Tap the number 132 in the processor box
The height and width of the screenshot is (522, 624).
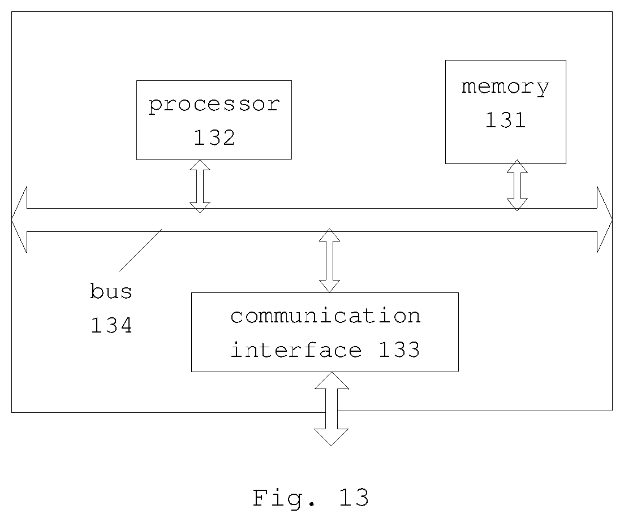pos(214,137)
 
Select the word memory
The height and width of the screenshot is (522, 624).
pos(505,88)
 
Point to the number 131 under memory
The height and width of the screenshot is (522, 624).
pos(505,120)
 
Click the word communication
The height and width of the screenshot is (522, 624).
pos(325,316)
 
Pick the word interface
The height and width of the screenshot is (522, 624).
pos(296,350)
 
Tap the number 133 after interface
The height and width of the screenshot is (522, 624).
pos(399,350)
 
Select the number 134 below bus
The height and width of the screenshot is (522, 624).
pos(111,325)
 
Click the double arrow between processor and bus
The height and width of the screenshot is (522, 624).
pos(200,186)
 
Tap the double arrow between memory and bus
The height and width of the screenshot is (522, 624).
pos(517,185)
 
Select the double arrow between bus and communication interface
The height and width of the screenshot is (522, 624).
pos(329,261)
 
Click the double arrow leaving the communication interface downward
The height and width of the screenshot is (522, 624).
pos(332,409)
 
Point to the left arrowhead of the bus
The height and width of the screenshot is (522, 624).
pos(19,219)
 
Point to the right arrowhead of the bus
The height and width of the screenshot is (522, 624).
pos(605,219)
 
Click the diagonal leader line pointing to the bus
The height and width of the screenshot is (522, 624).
pos(140,250)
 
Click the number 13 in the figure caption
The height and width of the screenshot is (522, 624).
pos(354,497)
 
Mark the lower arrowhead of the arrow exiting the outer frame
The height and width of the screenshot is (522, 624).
pos(332,437)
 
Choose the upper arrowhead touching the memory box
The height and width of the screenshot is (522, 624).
pos(517,166)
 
